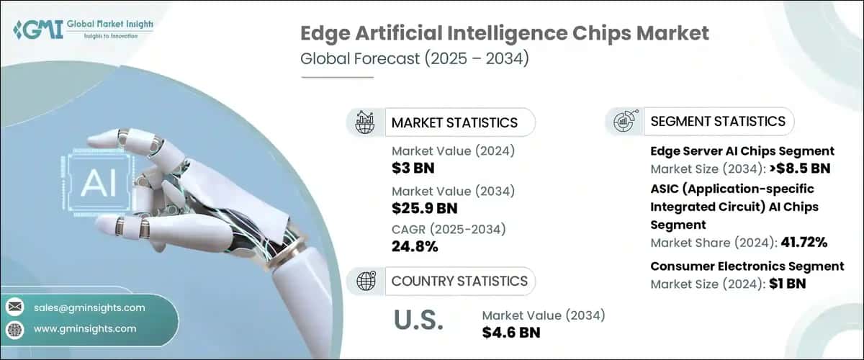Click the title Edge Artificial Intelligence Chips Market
tap(504, 33)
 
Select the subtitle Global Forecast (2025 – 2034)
tap(415, 59)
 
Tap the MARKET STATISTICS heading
tap(454, 122)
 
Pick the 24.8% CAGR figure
tap(415, 247)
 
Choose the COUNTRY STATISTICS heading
tap(459, 281)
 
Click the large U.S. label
tap(419, 321)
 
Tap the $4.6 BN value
tap(511, 332)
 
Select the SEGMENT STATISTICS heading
tap(717, 121)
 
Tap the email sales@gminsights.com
tap(89, 307)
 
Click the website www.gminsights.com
tap(85, 328)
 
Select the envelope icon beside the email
tap(14, 307)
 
